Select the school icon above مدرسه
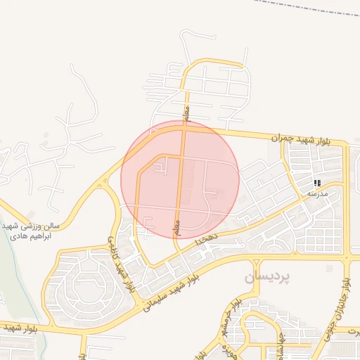(318, 183)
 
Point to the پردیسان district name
(266, 278)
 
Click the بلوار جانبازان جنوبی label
(345, 309)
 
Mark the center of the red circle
(180, 179)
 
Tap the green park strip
(18, 281)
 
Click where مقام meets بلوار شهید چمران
(185, 129)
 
